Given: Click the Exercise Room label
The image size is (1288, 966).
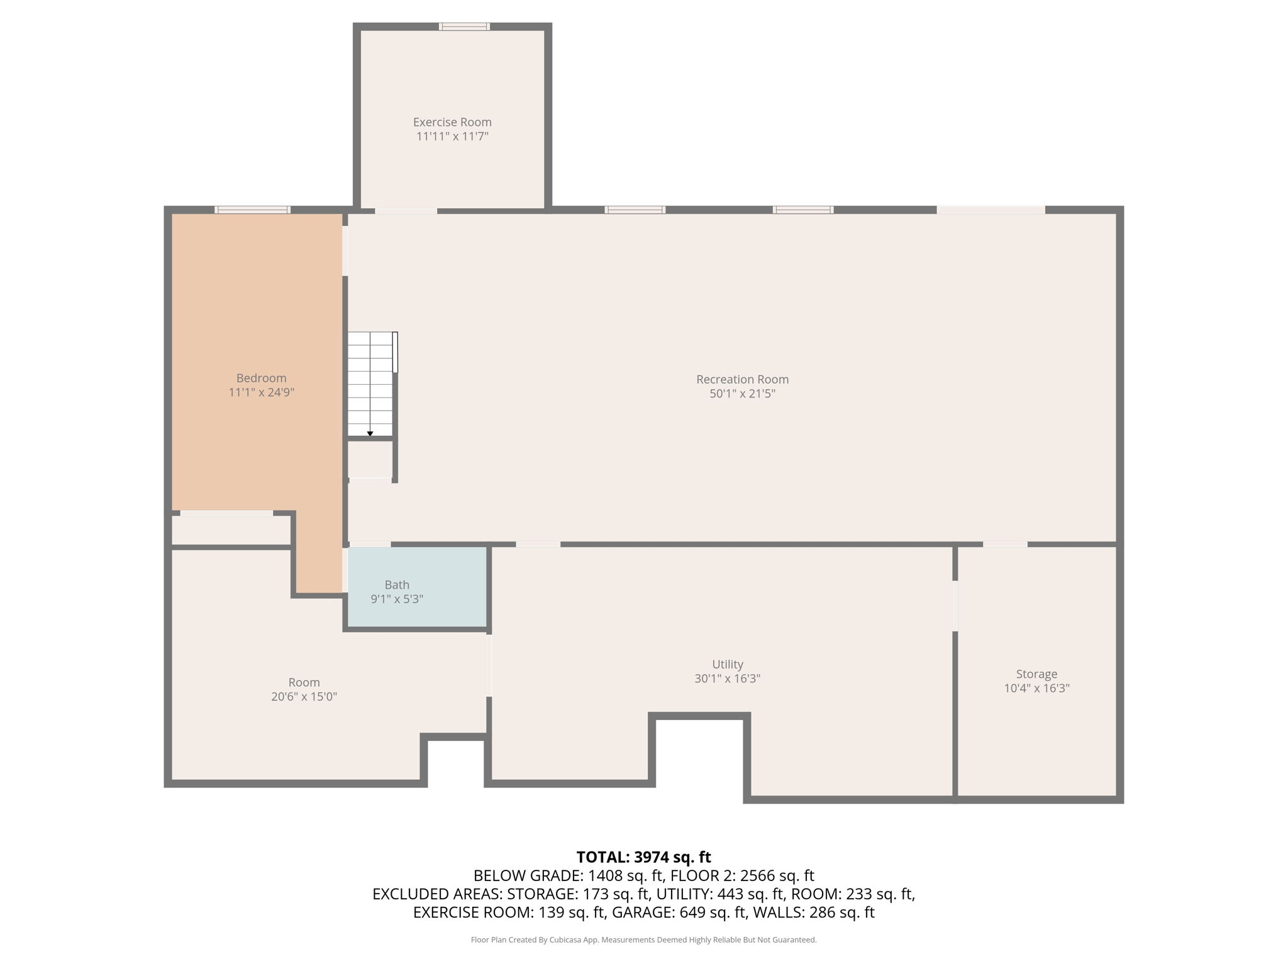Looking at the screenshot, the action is [x=452, y=122].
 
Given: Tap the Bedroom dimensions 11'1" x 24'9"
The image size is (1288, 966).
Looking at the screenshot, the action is [x=262, y=392].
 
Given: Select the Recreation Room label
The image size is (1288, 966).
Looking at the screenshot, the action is [x=742, y=379].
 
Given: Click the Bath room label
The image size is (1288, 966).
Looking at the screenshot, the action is [x=397, y=585].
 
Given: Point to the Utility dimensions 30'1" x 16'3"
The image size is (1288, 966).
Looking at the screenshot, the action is [x=728, y=679].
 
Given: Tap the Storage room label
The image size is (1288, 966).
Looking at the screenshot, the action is [x=1036, y=674].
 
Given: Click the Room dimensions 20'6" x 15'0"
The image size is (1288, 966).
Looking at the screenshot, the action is [x=304, y=697].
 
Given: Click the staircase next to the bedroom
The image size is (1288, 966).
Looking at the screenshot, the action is [x=371, y=384].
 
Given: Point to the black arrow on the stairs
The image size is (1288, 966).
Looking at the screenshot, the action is [x=370, y=433].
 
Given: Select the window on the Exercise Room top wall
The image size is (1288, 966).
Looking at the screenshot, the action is [x=464, y=26].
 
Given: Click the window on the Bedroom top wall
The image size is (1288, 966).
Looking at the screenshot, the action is [x=252, y=209].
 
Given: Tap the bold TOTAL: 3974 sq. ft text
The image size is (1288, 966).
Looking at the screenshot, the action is [x=643, y=857].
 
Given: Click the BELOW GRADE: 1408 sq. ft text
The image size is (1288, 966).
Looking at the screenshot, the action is [x=568, y=875].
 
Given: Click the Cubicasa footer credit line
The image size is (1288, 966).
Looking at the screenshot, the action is [x=643, y=940].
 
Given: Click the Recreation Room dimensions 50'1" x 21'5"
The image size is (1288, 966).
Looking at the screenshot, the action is [x=742, y=394].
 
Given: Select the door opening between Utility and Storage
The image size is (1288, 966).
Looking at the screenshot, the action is [x=955, y=606].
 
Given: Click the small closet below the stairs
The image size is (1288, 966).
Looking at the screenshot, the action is [x=370, y=459].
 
